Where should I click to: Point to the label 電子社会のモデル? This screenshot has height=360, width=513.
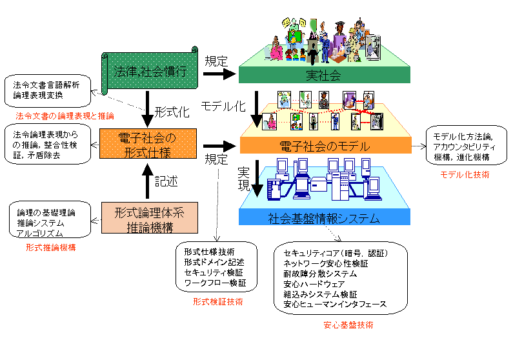point(324,146)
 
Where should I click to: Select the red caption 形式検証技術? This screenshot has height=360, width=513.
point(213,301)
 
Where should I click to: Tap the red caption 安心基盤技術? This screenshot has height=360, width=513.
point(348,325)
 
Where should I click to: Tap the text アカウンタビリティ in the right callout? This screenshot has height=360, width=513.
point(464,146)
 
